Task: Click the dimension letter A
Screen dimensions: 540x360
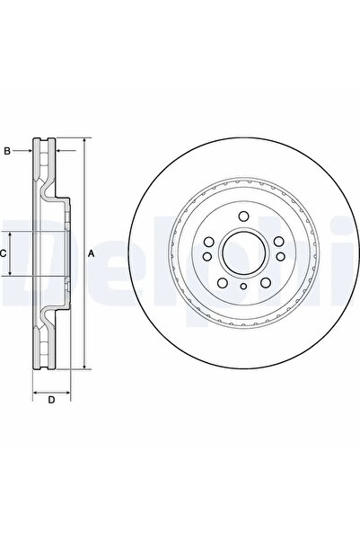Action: tap(92, 254)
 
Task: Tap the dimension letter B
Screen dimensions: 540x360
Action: tap(6, 151)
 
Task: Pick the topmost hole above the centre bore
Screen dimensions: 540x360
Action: tap(242, 219)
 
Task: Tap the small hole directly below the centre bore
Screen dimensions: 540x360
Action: tap(242, 287)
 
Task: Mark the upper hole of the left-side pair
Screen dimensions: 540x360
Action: tap(207, 242)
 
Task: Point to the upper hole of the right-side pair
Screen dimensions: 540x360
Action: tap(277, 242)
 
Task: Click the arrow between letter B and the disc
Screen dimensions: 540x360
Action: tap(27, 151)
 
